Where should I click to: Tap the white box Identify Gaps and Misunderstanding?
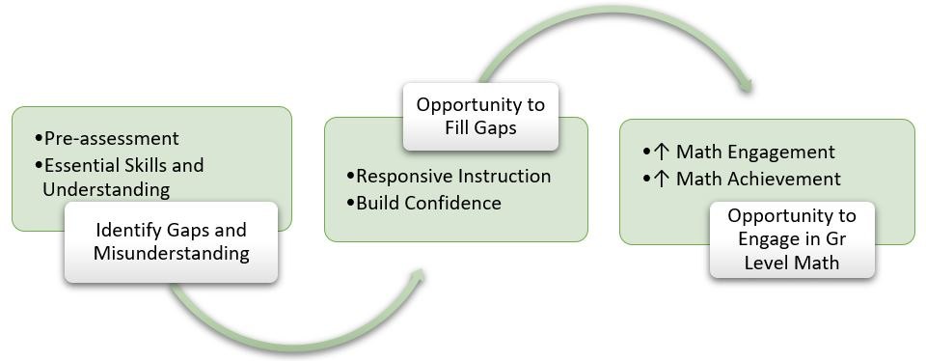[x=171, y=242]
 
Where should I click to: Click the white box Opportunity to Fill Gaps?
[x=479, y=115]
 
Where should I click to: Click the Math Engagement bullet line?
[x=738, y=153]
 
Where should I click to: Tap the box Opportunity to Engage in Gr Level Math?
[x=791, y=239]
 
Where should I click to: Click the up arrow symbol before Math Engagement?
[x=662, y=153]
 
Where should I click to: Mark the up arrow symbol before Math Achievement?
[x=662, y=179]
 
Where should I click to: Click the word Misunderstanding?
[x=171, y=254]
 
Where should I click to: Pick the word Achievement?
[x=785, y=179]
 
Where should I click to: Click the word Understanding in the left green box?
[x=105, y=189]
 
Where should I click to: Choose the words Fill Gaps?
[x=479, y=126]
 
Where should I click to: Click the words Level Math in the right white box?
[x=791, y=262]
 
